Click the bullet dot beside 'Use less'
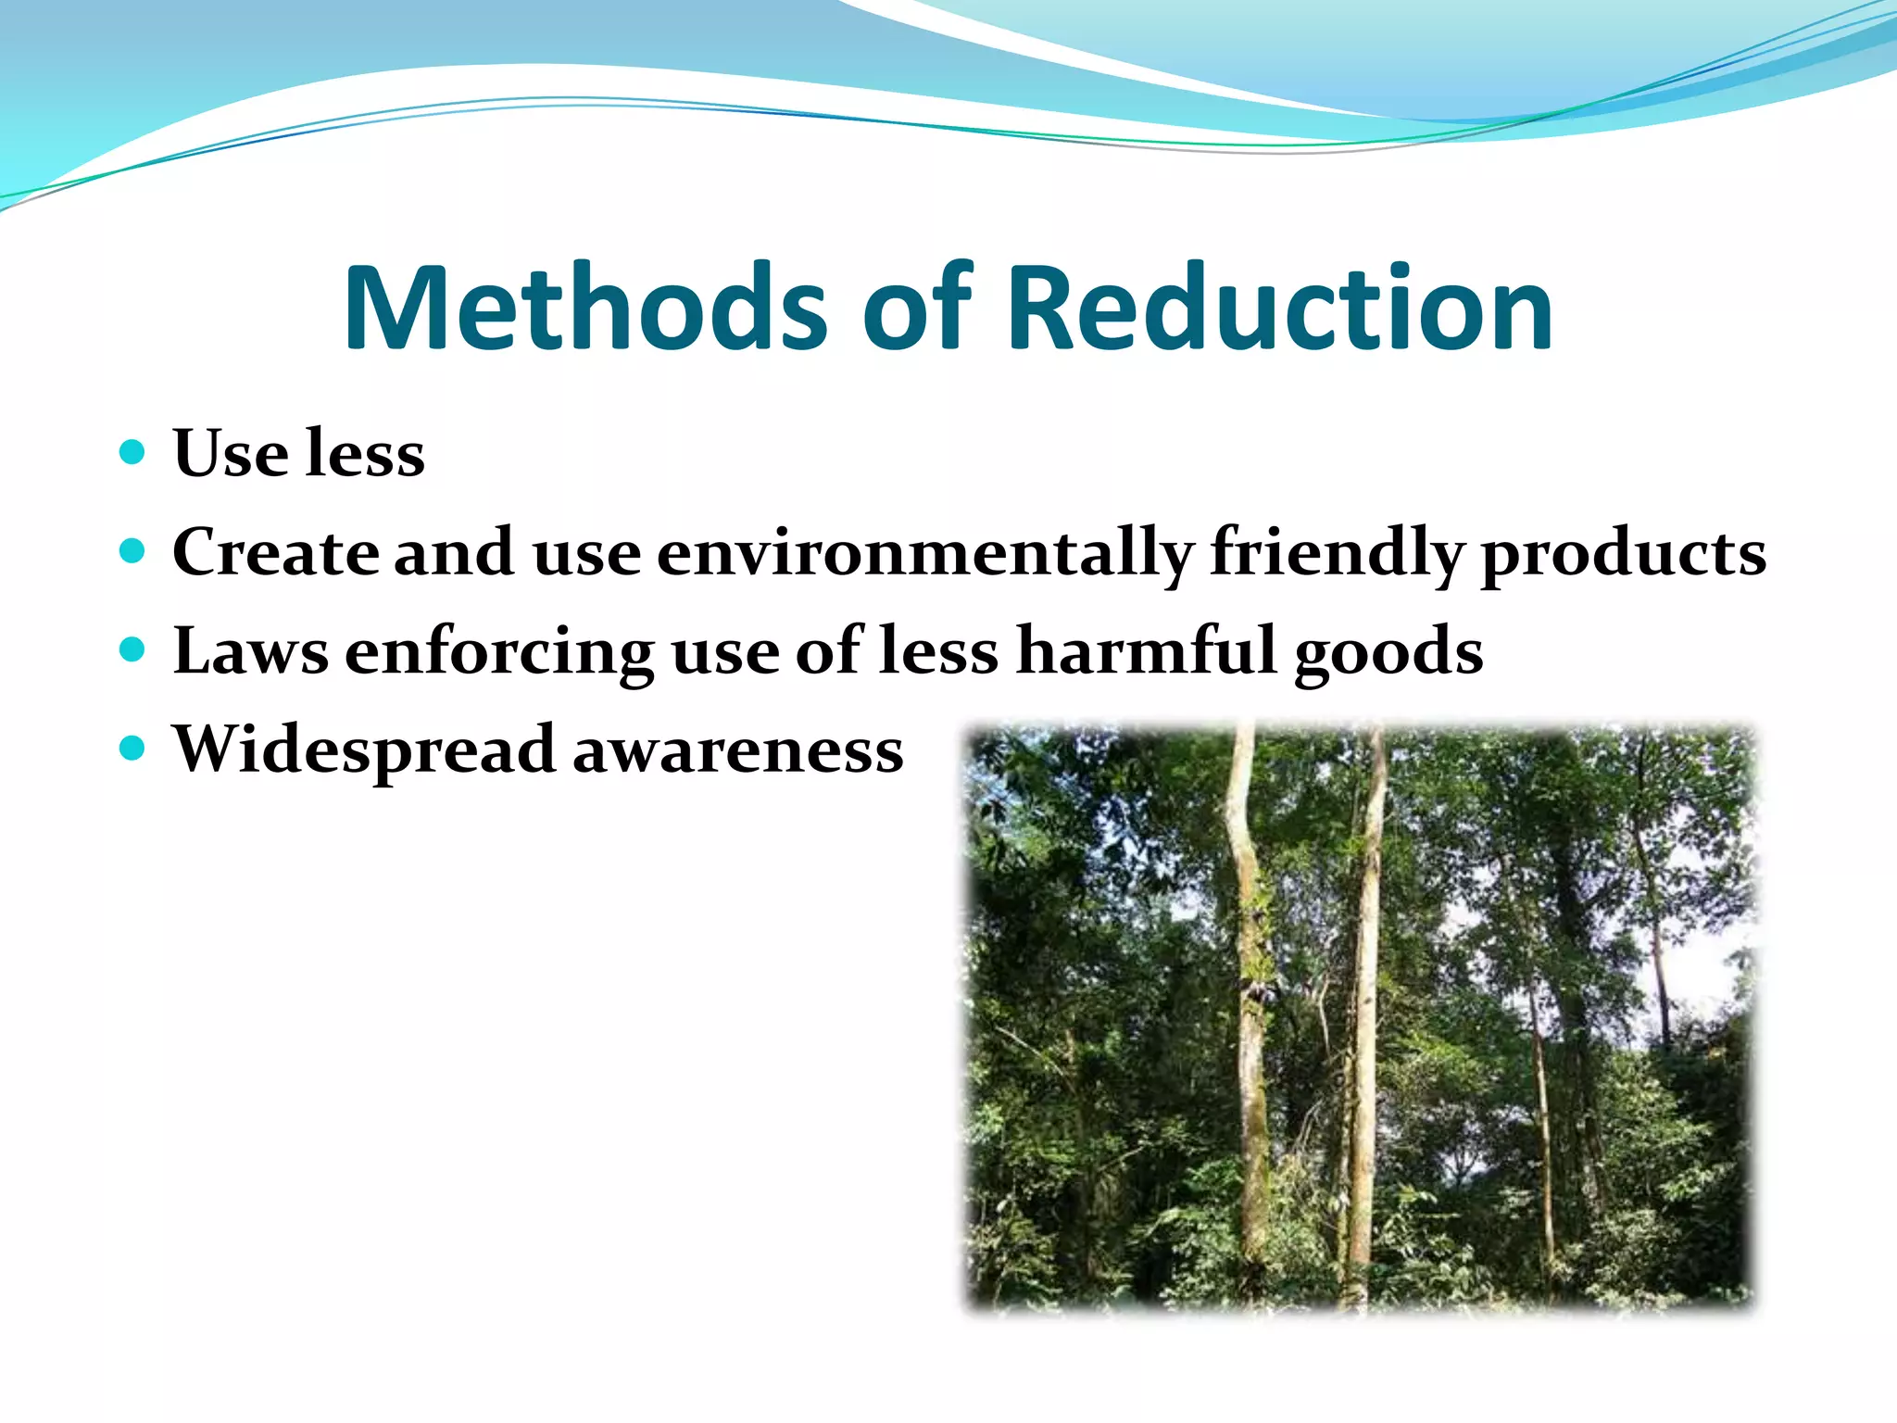point(133,452)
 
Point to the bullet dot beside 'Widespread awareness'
point(133,748)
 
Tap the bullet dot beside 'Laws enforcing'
point(133,649)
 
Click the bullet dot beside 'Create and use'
point(133,551)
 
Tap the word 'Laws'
point(250,651)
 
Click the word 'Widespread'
point(364,750)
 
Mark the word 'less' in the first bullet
point(365,454)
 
